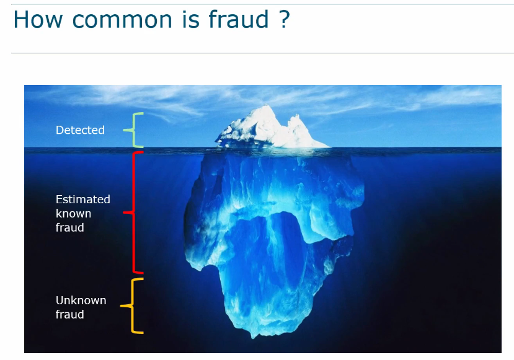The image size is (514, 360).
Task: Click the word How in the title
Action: [38, 19]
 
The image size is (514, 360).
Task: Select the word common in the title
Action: [122, 20]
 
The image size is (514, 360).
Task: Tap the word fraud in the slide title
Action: [239, 19]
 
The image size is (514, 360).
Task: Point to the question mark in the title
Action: [285, 19]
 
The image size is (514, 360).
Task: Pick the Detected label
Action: [80, 130]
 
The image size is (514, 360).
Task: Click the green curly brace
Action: [133, 130]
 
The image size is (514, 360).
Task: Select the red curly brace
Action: [133, 213]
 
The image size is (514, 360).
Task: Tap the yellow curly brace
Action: [133, 305]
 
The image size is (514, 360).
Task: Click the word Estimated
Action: [83, 199]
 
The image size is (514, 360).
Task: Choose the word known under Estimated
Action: [73, 213]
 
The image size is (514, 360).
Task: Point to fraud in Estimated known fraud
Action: [70, 227]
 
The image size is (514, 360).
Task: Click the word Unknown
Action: [81, 300]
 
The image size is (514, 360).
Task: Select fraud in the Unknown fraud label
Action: [70, 314]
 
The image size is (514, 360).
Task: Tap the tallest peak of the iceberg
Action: [265, 106]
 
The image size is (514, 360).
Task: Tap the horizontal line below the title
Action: [262, 53]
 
